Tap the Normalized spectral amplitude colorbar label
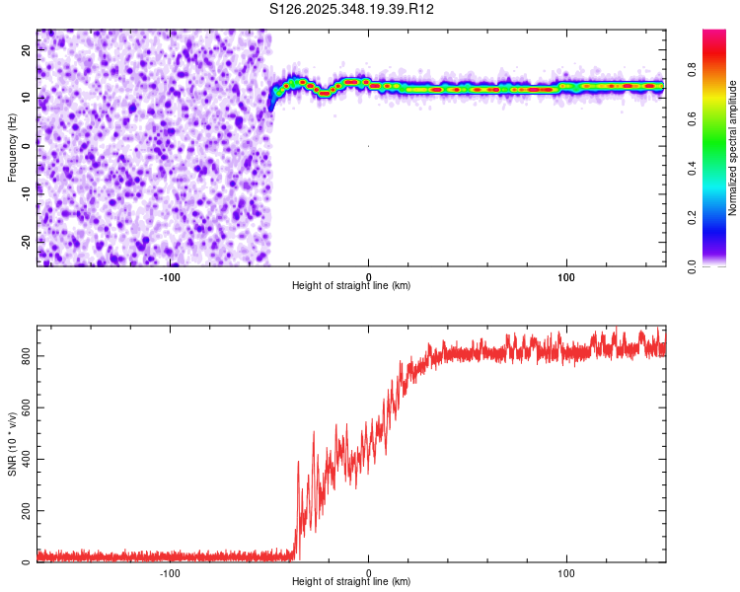[x=733, y=148]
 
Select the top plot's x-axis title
[x=351, y=285]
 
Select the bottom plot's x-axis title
[x=351, y=581]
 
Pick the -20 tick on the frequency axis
[x=23, y=241]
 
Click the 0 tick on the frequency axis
[x=29, y=146]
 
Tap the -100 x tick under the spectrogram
[x=170, y=276]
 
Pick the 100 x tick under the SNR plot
[x=566, y=572]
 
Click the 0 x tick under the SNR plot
[x=368, y=572]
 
